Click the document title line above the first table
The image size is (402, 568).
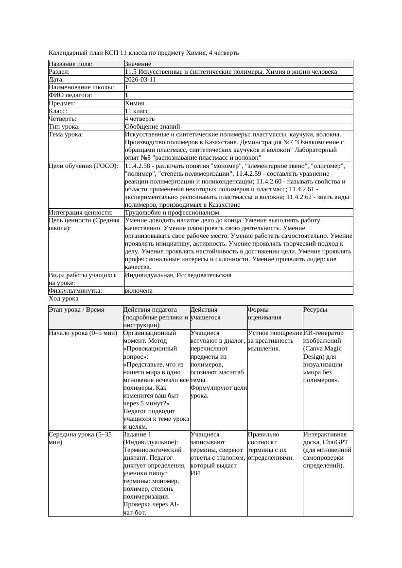click(143, 52)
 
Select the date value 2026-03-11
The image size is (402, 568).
click(140, 80)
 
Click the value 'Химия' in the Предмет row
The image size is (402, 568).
click(134, 103)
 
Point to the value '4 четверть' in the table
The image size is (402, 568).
click(140, 118)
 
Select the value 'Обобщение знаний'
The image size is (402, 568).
click(149, 127)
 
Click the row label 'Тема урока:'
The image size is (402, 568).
click(66, 134)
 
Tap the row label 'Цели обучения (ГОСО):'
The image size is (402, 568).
click(83, 166)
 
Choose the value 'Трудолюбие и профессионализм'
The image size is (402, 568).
click(172, 212)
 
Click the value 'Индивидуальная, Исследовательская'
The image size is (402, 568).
click(178, 275)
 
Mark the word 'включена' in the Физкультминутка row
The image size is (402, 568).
click(139, 291)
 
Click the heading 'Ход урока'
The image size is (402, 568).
click(64, 299)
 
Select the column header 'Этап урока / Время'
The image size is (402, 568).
click(76, 309)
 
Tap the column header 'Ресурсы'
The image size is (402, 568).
click(315, 309)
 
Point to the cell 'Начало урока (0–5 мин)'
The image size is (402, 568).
click(83, 333)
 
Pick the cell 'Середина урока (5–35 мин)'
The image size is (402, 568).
click(80, 438)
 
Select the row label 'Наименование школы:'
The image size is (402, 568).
click(81, 87)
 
